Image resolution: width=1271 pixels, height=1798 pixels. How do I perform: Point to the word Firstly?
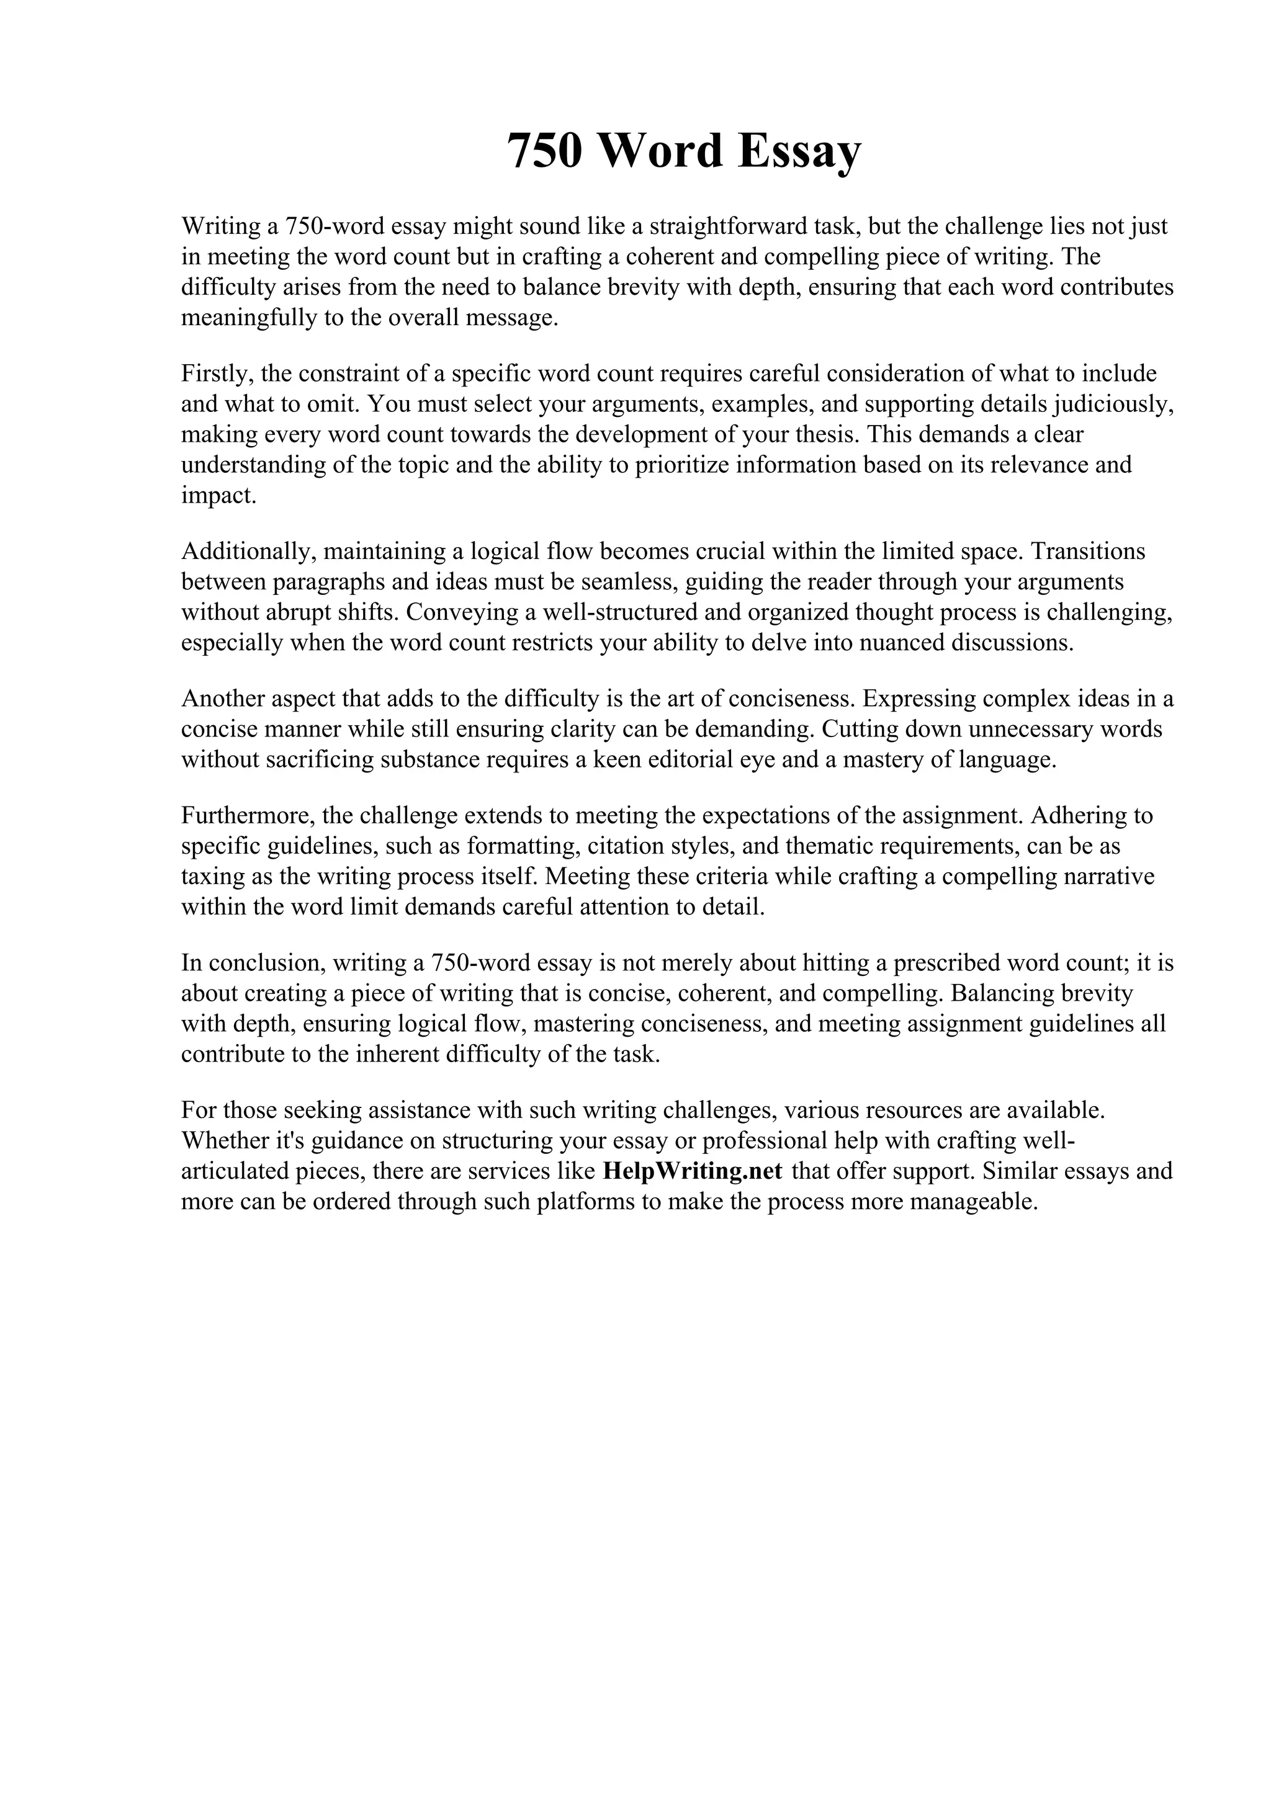coord(216,373)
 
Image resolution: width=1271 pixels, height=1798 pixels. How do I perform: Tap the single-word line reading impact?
coord(218,496)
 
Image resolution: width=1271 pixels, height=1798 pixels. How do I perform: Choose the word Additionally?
coord(248,552)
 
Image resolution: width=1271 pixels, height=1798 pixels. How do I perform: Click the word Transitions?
coord(1088,552)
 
